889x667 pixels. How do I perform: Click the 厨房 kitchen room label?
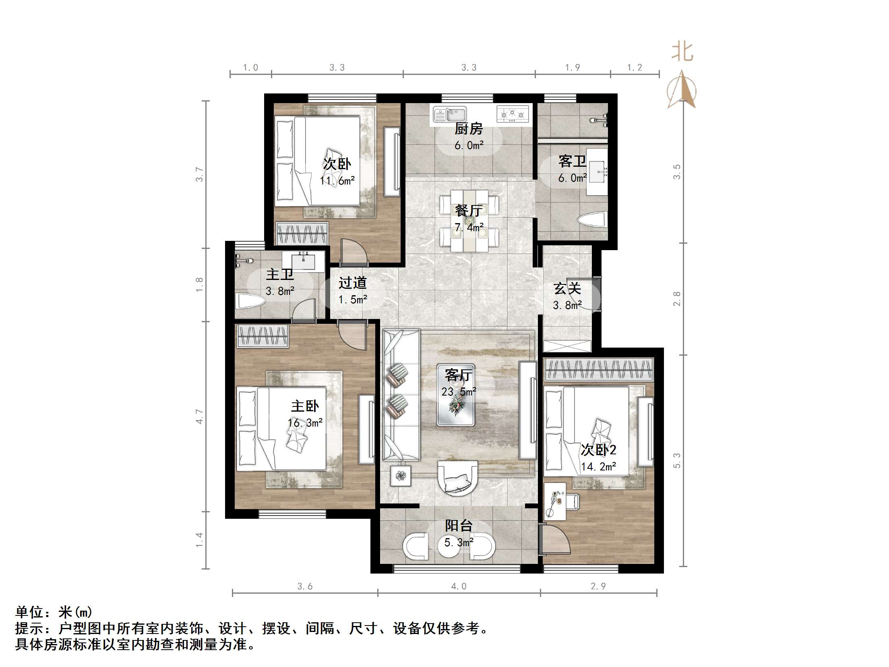tap(468, 129)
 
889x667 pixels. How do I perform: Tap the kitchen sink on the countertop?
tap(450, 114)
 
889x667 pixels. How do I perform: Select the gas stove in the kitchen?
tap(512, 114)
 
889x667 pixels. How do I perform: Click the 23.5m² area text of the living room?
tap(459, 391)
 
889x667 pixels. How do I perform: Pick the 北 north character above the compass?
tap(682, 52)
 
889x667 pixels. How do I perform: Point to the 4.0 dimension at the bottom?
tap(459, 586)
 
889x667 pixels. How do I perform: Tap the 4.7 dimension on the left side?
tap(199, 416)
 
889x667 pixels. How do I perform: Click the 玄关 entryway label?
tap(567, 288)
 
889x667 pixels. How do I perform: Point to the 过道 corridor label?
tap(352, 283)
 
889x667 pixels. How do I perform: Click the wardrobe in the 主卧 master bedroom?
tap(263, 336)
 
